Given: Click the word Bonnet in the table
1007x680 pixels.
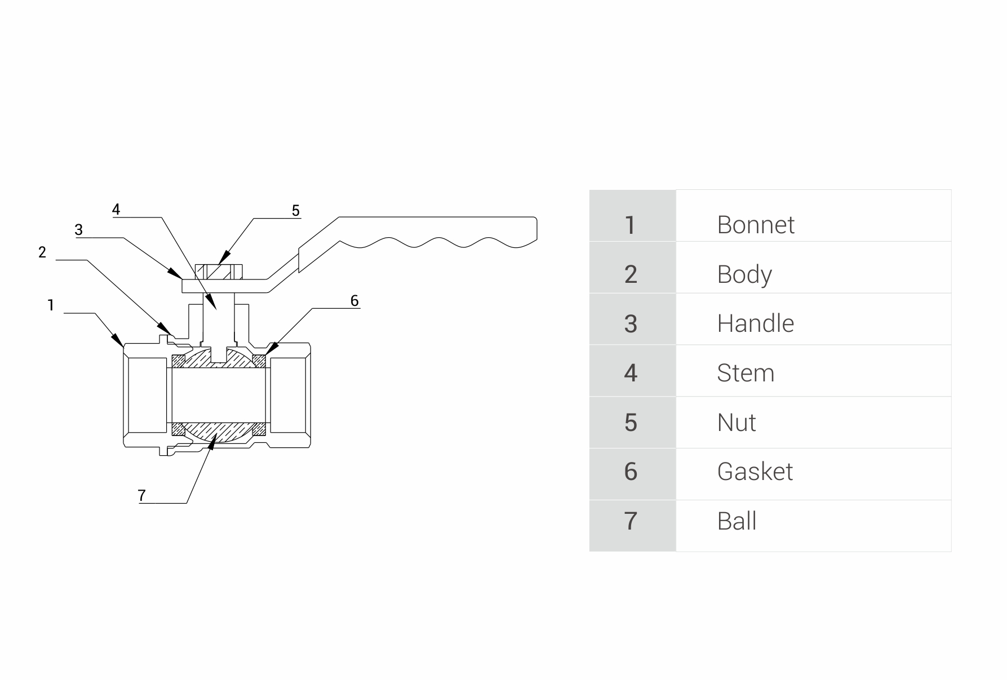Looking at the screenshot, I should [755, 225].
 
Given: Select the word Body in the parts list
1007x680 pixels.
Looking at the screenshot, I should [744, 274].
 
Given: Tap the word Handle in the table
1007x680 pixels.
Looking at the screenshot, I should [755, 324].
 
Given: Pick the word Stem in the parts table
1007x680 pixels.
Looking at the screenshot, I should [745, 373].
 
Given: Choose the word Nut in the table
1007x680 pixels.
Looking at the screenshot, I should [736, 423].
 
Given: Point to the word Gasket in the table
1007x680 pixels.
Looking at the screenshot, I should [755, 472].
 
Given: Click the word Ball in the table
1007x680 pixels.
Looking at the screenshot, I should [737, 521].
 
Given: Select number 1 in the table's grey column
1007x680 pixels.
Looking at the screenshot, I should [631, 225].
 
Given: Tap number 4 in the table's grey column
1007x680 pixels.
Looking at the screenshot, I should [631, 373].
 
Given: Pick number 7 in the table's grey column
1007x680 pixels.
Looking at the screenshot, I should [631, 521].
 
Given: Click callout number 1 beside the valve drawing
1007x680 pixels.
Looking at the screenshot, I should [51, 305].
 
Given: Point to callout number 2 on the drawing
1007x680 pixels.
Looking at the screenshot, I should [42, 252].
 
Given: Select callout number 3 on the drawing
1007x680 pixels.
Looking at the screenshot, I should [78, 230].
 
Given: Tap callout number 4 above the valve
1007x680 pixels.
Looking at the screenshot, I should [116, 210].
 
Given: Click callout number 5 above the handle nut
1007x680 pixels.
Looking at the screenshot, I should [296, 211].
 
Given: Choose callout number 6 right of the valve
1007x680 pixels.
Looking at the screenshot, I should [354, 301].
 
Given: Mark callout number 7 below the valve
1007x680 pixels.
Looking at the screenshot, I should [141, 495].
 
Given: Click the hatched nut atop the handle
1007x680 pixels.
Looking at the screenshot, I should [219, 272].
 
